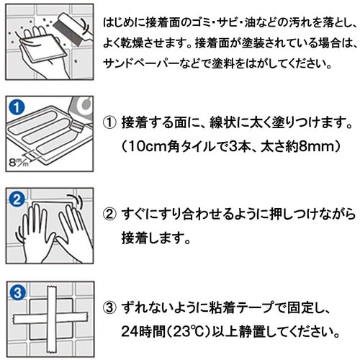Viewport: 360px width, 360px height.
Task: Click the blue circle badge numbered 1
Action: pyautogui.click(x=17, y=107)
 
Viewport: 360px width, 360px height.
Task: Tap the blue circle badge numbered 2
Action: pyautogui.click(x=17, y=199)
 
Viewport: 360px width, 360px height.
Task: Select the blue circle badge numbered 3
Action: pyautogui.click(x=17, y=292)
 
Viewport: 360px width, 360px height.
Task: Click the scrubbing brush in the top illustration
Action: pyautogui.click(x=72, y=28)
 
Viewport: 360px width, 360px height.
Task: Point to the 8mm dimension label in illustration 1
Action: pyautogui.click(x=19, y=162)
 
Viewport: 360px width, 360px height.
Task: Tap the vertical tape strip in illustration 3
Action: pyautogui.click(x=52, y=320)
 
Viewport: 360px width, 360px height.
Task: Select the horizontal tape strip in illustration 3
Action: pyautogui.click(x=50, y=318)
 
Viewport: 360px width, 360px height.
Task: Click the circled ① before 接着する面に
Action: pyautogui.click(x=109, y=122)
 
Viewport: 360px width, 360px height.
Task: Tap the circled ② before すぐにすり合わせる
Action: pyautogui.click(x=109, y=214)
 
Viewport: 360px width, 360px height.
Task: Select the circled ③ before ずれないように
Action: pyautogui.click(x=109, y=307)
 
